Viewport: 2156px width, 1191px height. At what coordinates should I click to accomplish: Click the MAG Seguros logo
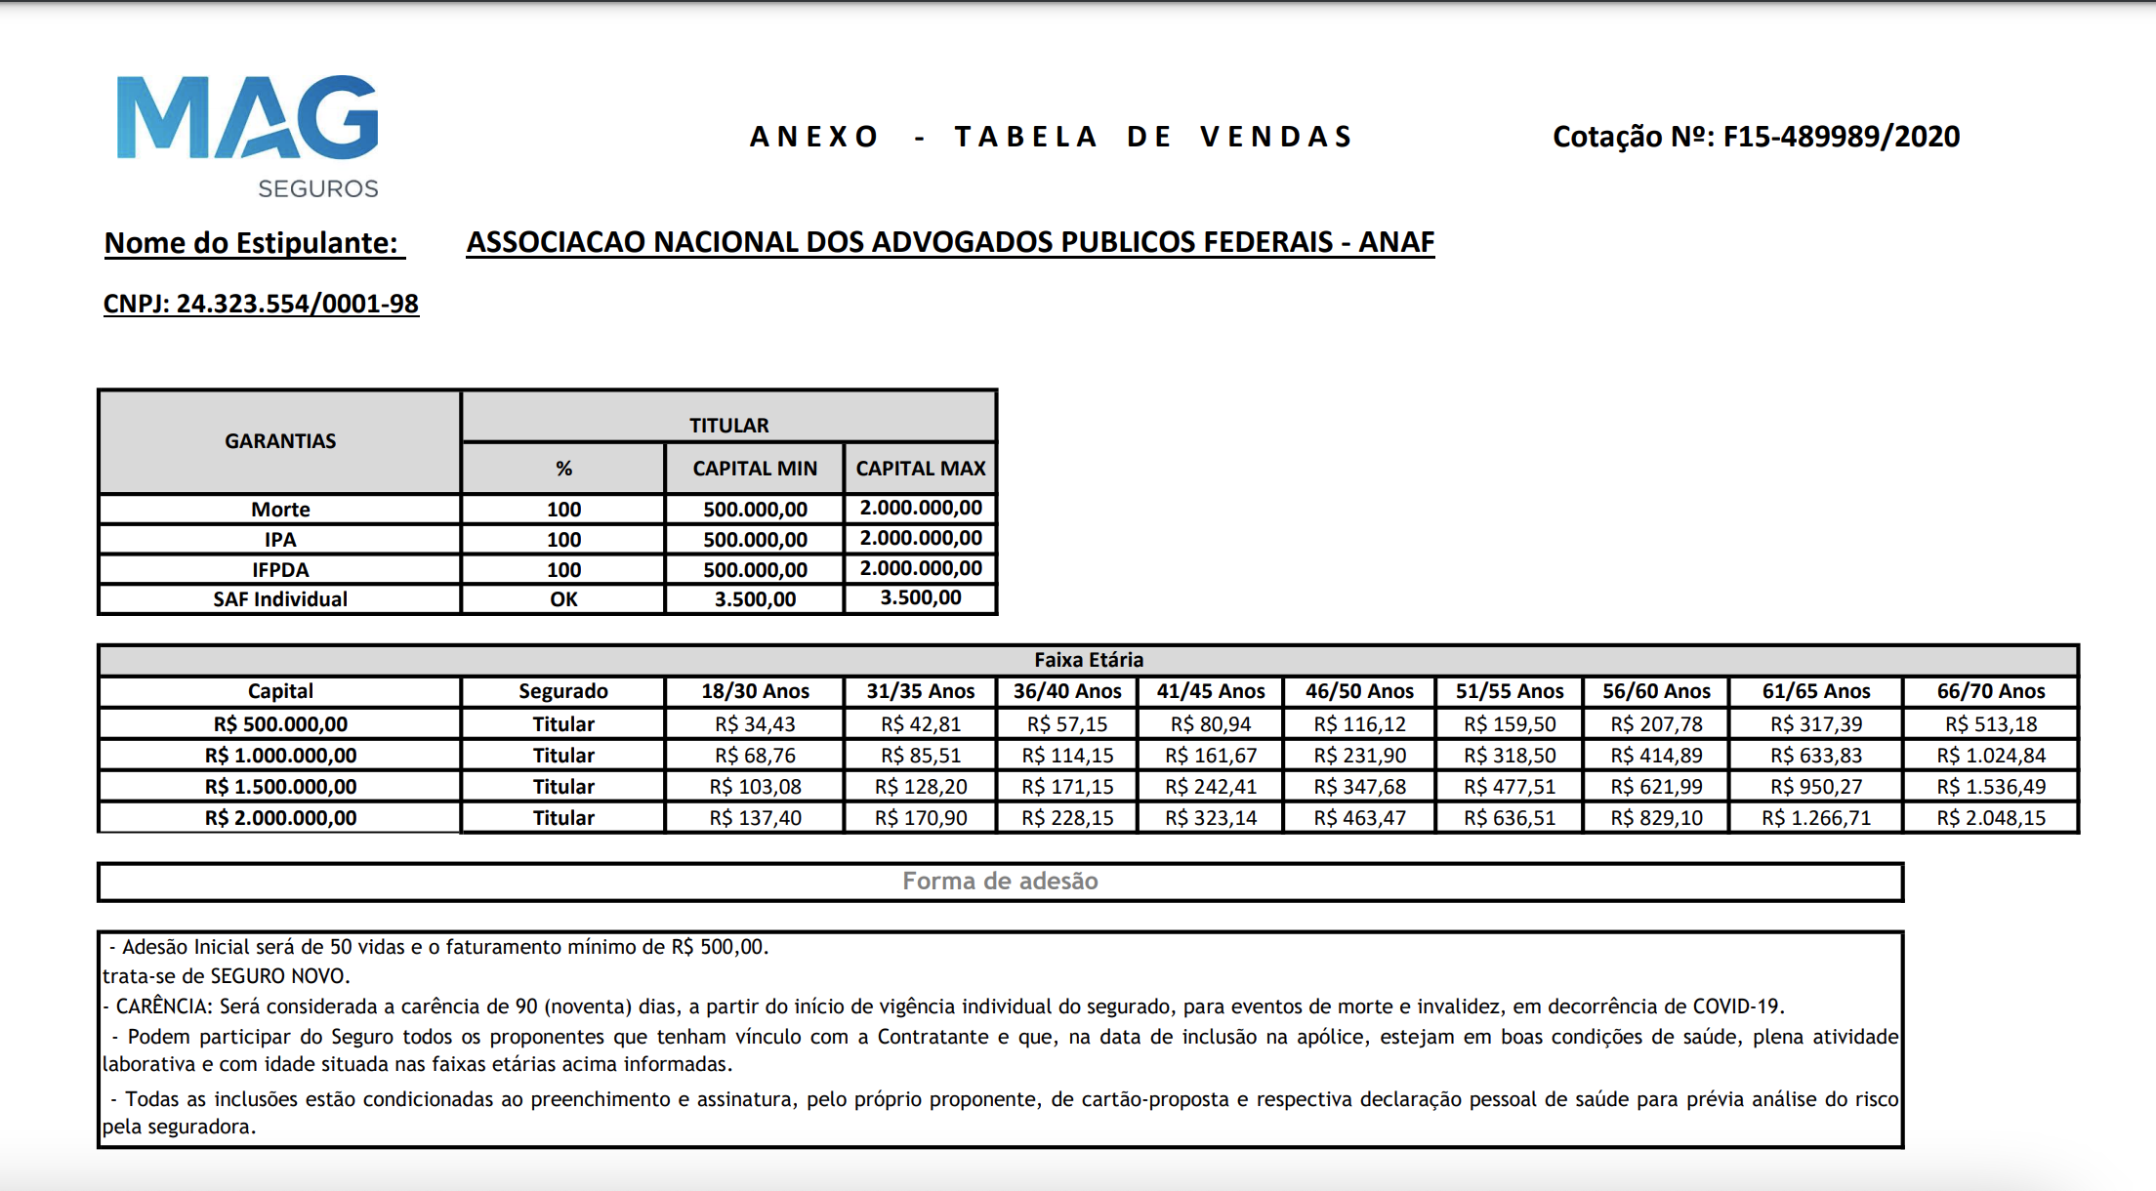pyautogui.click(x=248, y=135)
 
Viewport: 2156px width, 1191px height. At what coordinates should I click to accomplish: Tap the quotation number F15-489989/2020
pyautogui.click(x=1841, y=137)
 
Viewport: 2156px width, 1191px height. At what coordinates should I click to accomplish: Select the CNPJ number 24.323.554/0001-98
pyautogui.click(x=297, y=304)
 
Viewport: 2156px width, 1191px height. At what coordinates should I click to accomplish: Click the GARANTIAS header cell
pyautogui.click(x=280, y=441)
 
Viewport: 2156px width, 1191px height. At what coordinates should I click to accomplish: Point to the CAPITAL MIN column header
pyautogui.click(x=755, y=469)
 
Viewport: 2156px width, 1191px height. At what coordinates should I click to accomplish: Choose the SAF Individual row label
pyautogui.click(x=280, y=599)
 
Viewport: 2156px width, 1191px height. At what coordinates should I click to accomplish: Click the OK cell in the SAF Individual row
pyautogui.click(x=563, y=599)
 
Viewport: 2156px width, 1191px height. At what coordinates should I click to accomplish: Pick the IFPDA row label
pyautogui.click(x=280, y=570)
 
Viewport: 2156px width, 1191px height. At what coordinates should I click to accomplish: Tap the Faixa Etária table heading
pyautogui.click(x=1089, y=660)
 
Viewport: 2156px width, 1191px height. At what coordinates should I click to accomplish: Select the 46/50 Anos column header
pyautogui.click(x=1359, y=691)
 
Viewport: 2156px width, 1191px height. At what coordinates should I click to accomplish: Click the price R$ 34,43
pyautogui.click(x=755, y=724)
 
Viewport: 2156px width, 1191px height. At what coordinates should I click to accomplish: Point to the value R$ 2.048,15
pyautogui.click(x=1991, y=818)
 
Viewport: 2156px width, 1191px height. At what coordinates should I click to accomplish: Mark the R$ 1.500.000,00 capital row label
pyautogui.click(x=280, y=787)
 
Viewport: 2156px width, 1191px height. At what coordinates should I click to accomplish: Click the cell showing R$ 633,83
pyautogui.click(x=1816, y=756)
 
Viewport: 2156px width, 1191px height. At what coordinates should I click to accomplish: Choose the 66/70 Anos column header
pyautogui.click(x=1991, y=691)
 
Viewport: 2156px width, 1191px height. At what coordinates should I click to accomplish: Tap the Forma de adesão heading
pyautogui.click(x=1000, y=882)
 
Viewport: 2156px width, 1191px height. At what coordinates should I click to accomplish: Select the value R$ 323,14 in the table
pyautogui.click(x=1211, y=818)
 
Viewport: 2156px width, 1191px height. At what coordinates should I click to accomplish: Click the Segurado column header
pyautogui.click(x=563, y=691)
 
